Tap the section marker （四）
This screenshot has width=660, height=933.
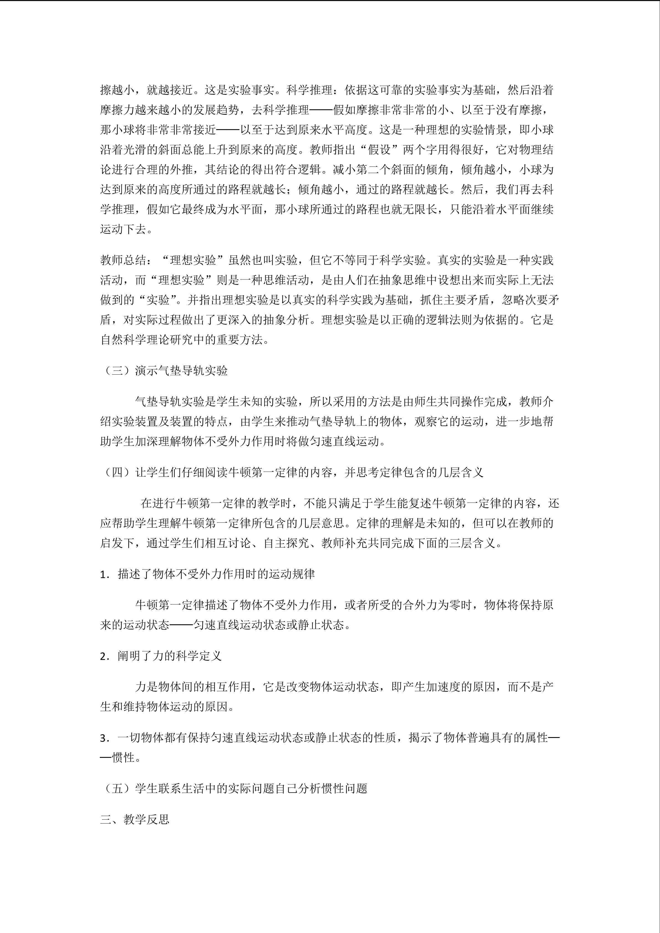pyautogui.click(x=117, y=472)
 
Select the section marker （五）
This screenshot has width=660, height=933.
pyautogui.click(x=117, y=789)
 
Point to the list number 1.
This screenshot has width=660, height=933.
pyautogui.click(x=104, y=574)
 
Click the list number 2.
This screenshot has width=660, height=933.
pyautogui.click(x=104, y=656)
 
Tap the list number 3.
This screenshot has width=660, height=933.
pyautogui.click(x=104, y=738)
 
